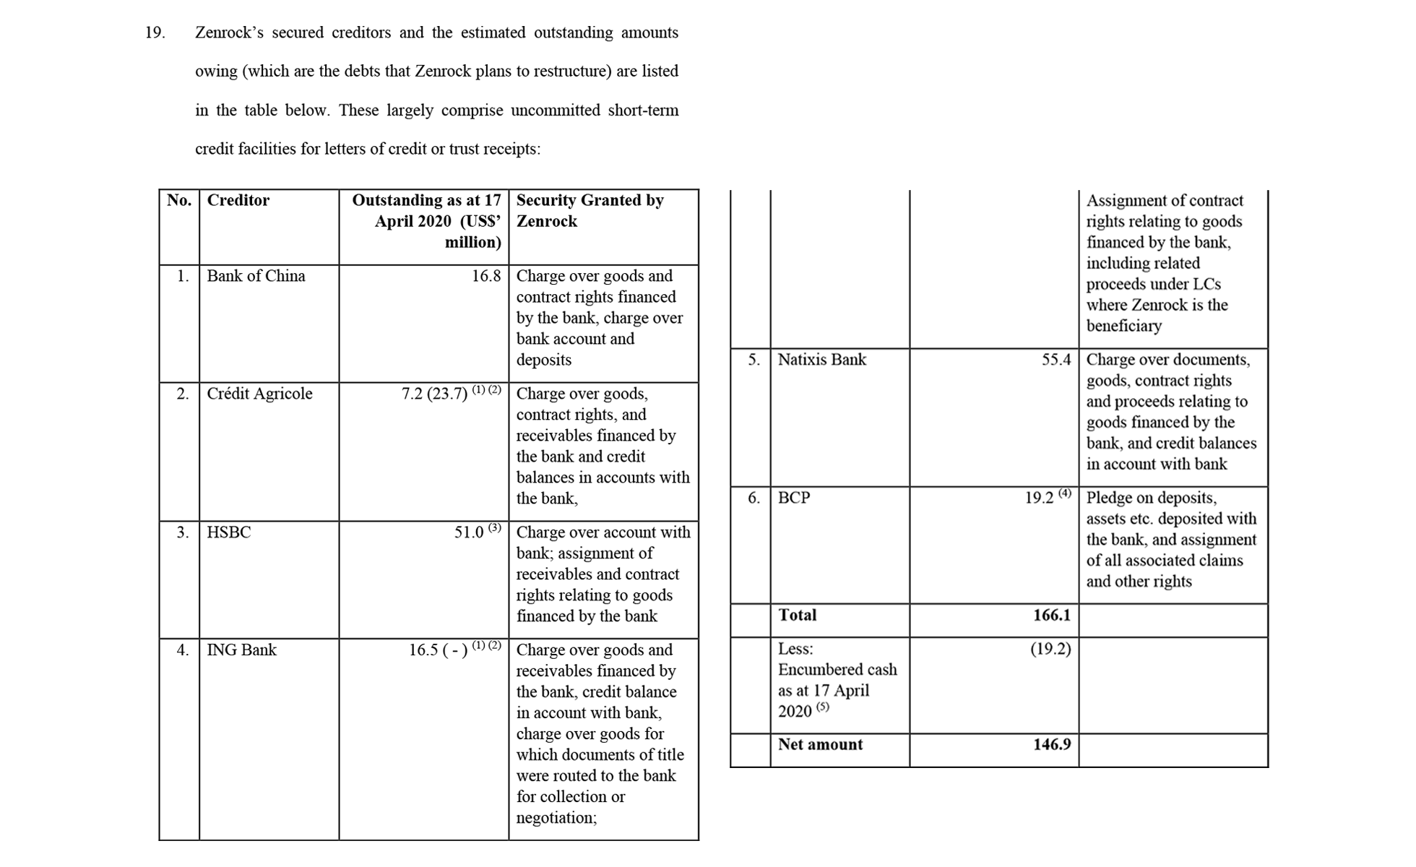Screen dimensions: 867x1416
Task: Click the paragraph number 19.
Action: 155,33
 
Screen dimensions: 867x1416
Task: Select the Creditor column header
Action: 238,201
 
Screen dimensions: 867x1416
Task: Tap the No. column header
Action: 179,201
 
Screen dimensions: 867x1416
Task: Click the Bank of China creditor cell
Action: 256,276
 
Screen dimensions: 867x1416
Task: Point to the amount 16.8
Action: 486,276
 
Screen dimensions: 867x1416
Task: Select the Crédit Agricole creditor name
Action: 259,394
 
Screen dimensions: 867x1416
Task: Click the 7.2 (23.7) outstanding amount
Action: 435,394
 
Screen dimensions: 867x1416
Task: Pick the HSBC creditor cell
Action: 228,532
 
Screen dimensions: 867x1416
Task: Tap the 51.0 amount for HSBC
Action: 469,532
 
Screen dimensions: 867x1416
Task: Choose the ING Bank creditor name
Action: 241,650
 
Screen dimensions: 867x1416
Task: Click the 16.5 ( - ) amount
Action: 438,650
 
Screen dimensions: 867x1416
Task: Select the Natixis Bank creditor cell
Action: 821,360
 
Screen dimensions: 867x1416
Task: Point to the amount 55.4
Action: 1056,360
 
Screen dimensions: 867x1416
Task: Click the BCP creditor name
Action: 793,498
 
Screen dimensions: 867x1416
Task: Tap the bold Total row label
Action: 797,616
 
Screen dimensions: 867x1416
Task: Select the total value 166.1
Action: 1052,616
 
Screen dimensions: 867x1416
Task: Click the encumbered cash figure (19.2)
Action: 1050,650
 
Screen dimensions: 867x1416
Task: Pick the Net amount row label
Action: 820,745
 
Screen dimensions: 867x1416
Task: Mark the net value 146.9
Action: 1052,745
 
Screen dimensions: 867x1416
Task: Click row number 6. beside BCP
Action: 754,498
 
